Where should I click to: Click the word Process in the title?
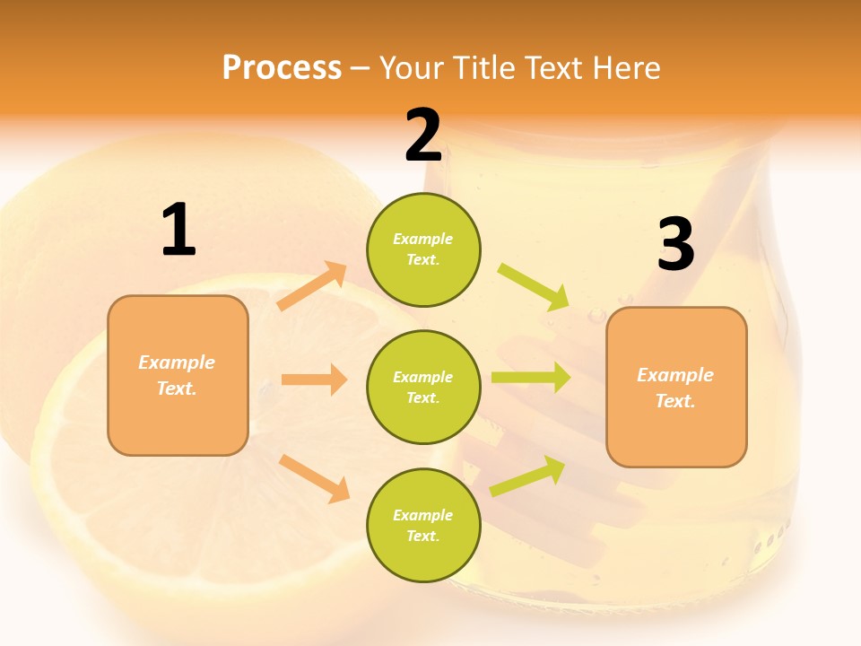coord(282,68)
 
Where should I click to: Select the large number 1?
coord(178,231)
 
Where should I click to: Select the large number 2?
coord(423,135)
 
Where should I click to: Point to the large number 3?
coord(675,245)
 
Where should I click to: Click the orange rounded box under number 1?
coord(178,375)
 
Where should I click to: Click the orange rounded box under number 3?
coord(676,388)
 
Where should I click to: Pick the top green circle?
coord(423,249)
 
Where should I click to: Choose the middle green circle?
coord(423,387)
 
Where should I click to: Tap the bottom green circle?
coord(423,525)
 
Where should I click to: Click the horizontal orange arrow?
coord(314,380)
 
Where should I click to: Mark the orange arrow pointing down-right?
coord(315,478)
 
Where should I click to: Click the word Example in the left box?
coord(177,362)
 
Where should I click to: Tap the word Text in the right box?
coord(674,401)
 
